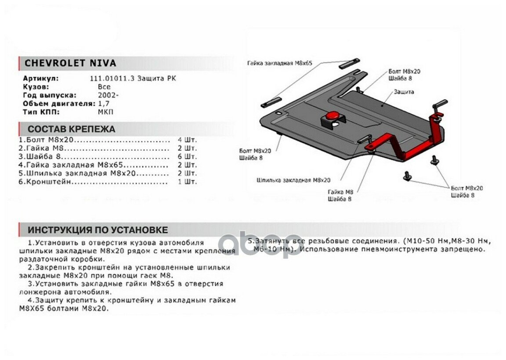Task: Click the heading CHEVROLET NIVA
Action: coord(70,63)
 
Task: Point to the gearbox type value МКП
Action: coord(106,112)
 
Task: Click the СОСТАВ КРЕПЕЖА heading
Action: coord(71,129)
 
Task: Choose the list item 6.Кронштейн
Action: coord(43,182)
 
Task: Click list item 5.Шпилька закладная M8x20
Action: coord(77,173)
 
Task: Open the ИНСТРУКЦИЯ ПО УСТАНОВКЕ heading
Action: coord(98,230)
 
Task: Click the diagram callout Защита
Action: coord(404,92)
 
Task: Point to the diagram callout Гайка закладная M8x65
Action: coord(279,63)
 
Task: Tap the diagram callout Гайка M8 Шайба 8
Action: coord(340,195)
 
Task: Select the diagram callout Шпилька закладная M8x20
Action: coord(294,180)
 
